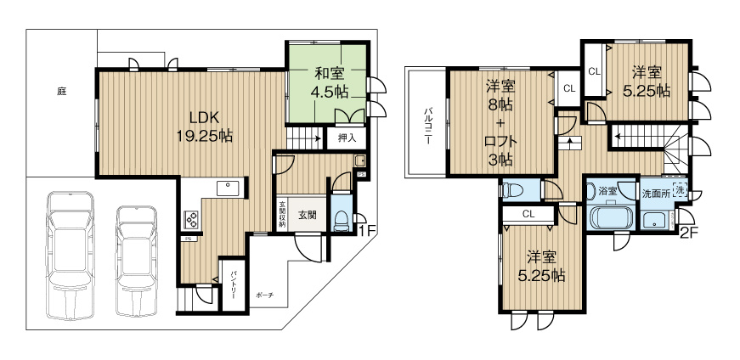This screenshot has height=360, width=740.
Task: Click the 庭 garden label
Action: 62,90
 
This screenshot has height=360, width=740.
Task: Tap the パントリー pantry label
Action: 234,284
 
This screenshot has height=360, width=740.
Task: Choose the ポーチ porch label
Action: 265,295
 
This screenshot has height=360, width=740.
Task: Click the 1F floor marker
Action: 366,230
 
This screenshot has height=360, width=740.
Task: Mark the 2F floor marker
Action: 687,230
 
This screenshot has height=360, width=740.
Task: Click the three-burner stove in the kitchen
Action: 191,220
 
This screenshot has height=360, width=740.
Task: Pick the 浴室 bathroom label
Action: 609,191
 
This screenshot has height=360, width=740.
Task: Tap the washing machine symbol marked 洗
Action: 679,190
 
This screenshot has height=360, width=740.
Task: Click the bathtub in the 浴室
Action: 610,218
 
